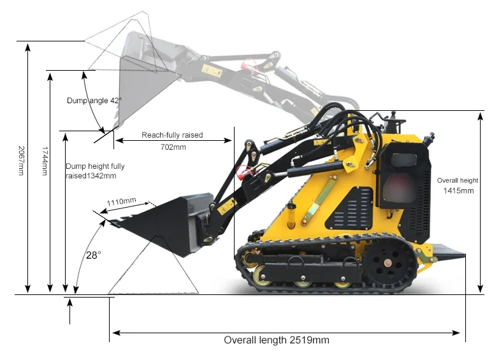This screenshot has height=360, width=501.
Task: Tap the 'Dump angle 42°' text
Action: pyautogui.click(x=93, y=101)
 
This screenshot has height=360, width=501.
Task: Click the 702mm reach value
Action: pyautogui.click(x=173, y=147)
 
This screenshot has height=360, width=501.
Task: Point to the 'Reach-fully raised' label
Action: pyautogui.click(x=172, y=135)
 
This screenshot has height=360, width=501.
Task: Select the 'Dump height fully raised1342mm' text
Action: pyautogui.click(x=94, y=171)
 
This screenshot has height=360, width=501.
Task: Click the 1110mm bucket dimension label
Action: pyautogui.click(x=121, y=202)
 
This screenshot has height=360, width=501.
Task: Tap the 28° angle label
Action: pyautogui.click(x=94, y=255)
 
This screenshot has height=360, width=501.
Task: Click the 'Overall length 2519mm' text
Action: pyautogui.click(x=276, y=340)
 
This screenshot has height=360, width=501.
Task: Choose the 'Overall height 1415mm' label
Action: pyautogui.click(x=457, y=185)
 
